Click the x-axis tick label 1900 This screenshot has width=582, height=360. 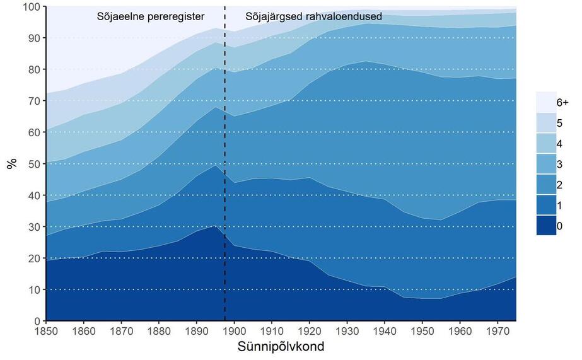234,330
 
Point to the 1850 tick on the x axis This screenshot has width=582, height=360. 46,330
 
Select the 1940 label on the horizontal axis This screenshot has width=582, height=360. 385,330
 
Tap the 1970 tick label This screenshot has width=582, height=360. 498,330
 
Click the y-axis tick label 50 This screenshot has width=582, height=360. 34,164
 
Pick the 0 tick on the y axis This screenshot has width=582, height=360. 37,321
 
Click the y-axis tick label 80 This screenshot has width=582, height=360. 34,69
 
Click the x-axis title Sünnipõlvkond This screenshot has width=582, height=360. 281,347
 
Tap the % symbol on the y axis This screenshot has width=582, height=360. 12,163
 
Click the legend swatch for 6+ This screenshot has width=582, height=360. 546,102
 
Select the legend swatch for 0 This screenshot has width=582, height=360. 546,225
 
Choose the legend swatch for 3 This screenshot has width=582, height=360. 546,164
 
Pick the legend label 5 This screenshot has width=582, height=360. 559,123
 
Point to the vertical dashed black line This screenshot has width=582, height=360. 225,164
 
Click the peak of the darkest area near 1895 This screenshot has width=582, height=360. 215,226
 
